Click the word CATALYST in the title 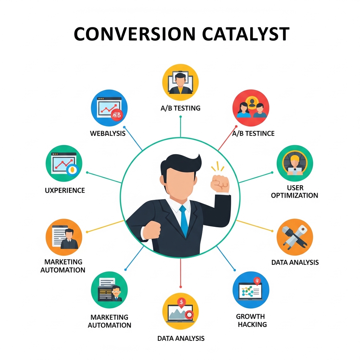pos(246,34)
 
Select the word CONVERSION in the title pos(135,34)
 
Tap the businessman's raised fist pos(220,183)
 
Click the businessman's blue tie pos(184,221)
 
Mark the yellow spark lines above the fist pos(217,166)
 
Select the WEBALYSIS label pos(108,133)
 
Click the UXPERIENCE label pos(65,190)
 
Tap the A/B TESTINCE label pos(253,133)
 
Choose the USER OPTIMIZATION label pos(295,192)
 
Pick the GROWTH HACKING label pos(252,320)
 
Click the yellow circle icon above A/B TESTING pos(180,82)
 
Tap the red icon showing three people pos(251,108)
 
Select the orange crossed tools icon pos(295,237)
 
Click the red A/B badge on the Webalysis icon pos(117,115)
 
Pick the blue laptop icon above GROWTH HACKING pos(251,290)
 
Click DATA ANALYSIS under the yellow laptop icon pos(181,338)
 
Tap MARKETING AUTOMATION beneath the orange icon pos(63,266)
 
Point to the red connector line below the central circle pos(181,273)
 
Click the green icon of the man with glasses pos(109,290)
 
